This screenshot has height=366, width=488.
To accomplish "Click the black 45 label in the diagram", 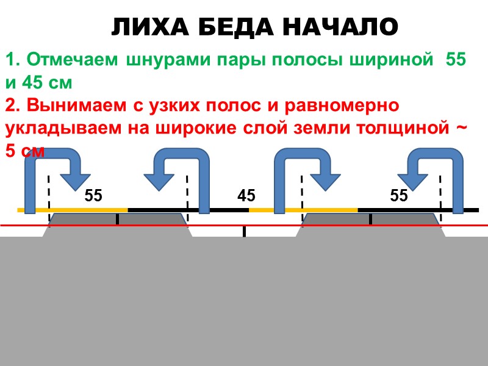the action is [x=246, y=196].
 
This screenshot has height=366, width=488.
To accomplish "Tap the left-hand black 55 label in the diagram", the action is [x=93, y=196].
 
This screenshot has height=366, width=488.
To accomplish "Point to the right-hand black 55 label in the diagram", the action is [x=399, y=196].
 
